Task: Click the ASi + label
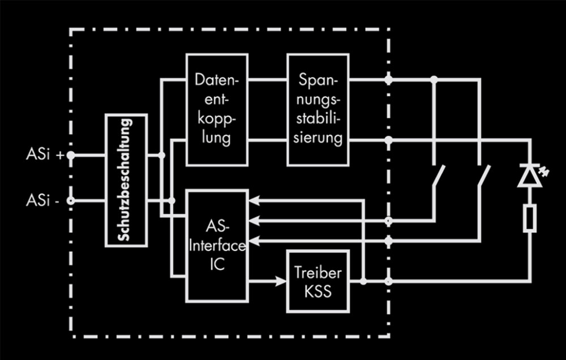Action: (x=45, y=155)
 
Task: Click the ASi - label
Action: (x=43, y=200)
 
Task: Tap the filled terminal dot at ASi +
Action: (x=71, y=155)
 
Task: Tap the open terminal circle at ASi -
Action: (x=71, y=200)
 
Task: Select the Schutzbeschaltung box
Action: (x=126, y=180)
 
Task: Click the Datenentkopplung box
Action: (x=217, y=109)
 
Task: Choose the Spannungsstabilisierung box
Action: (x=318, y=109)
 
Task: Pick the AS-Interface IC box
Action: (x=217, y=246)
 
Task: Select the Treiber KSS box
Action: (x=318, y=281)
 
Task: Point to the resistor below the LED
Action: (x=530, y=218)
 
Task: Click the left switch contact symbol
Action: (x=439, y=177)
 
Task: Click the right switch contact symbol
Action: (x=484, y=177)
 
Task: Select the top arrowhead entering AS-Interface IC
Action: (x=254, y=199)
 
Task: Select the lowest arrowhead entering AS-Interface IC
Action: (x=254, y=242)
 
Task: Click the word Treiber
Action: (x=318, y=273)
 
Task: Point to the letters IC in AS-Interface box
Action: (x=217, y=264)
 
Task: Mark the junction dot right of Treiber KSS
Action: (x=363, y=281)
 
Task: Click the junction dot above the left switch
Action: (x=434, y=80)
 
